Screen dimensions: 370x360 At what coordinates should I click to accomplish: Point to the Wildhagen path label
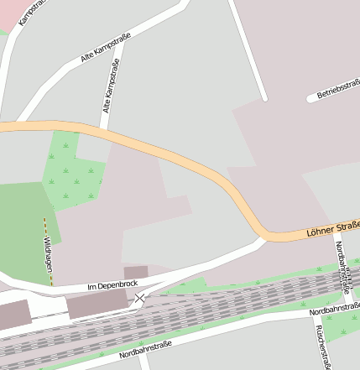(47, 248)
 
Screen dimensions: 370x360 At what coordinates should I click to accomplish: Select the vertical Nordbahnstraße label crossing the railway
(342, 267)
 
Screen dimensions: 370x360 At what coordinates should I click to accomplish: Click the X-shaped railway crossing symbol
(140, 298)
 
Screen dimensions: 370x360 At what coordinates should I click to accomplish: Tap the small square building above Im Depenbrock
(135, 273)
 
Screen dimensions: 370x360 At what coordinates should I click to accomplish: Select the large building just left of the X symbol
(98, 305)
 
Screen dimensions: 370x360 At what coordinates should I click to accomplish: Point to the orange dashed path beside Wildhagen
(46, 227)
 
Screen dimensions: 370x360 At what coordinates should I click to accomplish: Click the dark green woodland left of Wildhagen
(21, 227)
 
